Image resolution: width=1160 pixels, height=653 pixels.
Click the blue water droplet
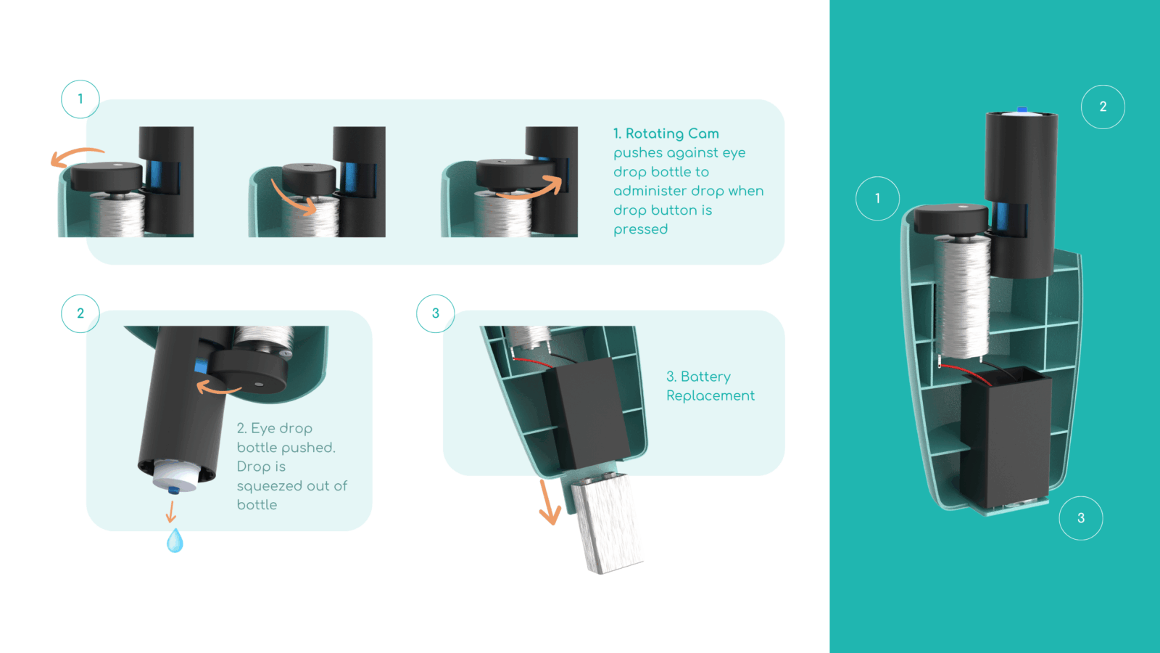pyautogui.click(x=175, y=541)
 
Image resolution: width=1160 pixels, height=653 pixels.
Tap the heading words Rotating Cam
pyautogui.click(x=672, y=134)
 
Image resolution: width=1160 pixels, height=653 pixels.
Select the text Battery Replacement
pyautogui.click(x=710, y=386)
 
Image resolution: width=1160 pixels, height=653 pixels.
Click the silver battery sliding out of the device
pyautogui.click(x=607, y=523)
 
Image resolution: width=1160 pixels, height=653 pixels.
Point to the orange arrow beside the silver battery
pyautogui.click(x=548, y=503)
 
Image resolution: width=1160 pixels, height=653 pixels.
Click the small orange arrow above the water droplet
pyautogui.click(x=171, y=511)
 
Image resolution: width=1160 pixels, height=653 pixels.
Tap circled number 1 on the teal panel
pyautogui.click(x=877, y=199)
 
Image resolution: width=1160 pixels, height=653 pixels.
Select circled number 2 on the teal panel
pyautogui.click(x=1103, y=107)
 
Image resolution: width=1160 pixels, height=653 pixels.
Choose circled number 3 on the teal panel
pyautogui.click(x=1081, y=518)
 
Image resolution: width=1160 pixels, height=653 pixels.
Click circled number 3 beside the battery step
pyautogui.click(x=436, y=313)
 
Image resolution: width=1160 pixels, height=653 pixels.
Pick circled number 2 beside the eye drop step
pyautogui.click(x=80, y=313)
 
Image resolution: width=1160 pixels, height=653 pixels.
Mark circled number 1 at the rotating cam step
pyautogui.click(x=80, y=99)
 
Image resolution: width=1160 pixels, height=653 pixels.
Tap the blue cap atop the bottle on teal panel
pyautogui.click(x=1022, y=110)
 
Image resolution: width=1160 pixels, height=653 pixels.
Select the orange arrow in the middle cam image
pyautogui.click(x=294, y=200)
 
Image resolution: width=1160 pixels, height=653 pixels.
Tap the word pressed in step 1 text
pyautogui.click(x=641, y=229)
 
